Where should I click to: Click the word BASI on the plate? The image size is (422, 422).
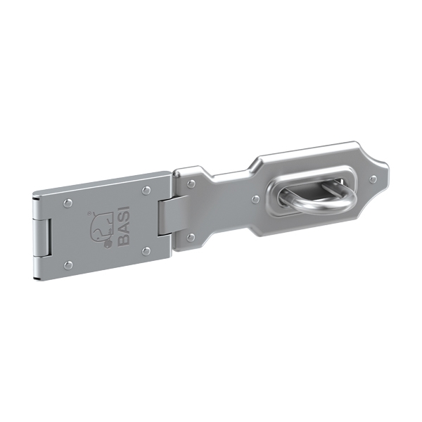[124, 226]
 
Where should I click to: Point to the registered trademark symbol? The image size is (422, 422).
[89, 213]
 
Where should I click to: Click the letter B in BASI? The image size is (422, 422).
[124, 240]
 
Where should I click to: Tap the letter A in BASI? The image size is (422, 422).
[124, 229]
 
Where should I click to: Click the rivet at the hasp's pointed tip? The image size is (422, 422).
[373, 179]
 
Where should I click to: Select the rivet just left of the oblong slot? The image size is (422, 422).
[255, 200]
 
